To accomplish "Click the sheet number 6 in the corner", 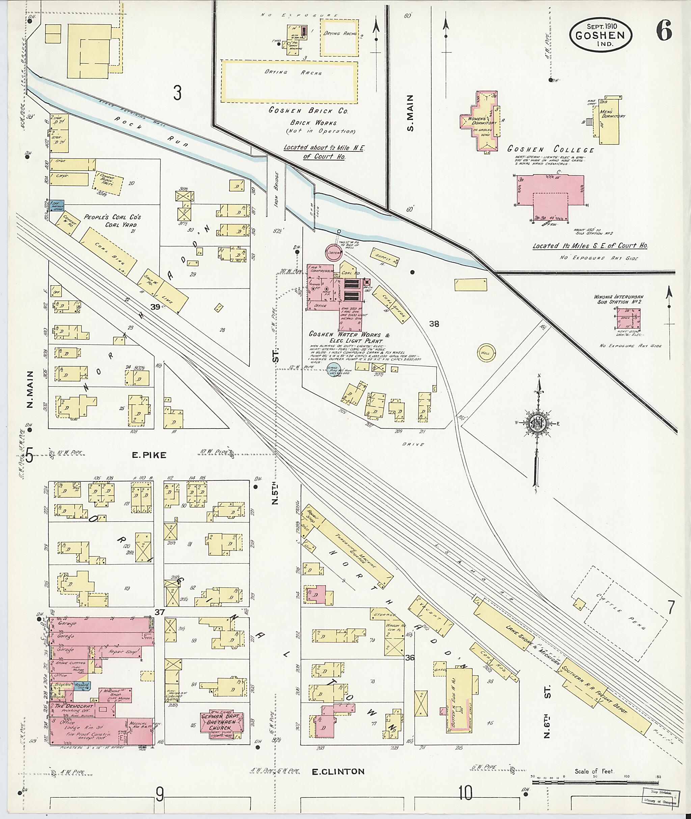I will [x=664, y=30].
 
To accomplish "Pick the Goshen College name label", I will [x=550, y=149].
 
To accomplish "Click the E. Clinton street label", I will [x=338, y=771].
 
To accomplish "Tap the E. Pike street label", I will [x=149, y=455].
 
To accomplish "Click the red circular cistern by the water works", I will [x=335, y=252].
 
